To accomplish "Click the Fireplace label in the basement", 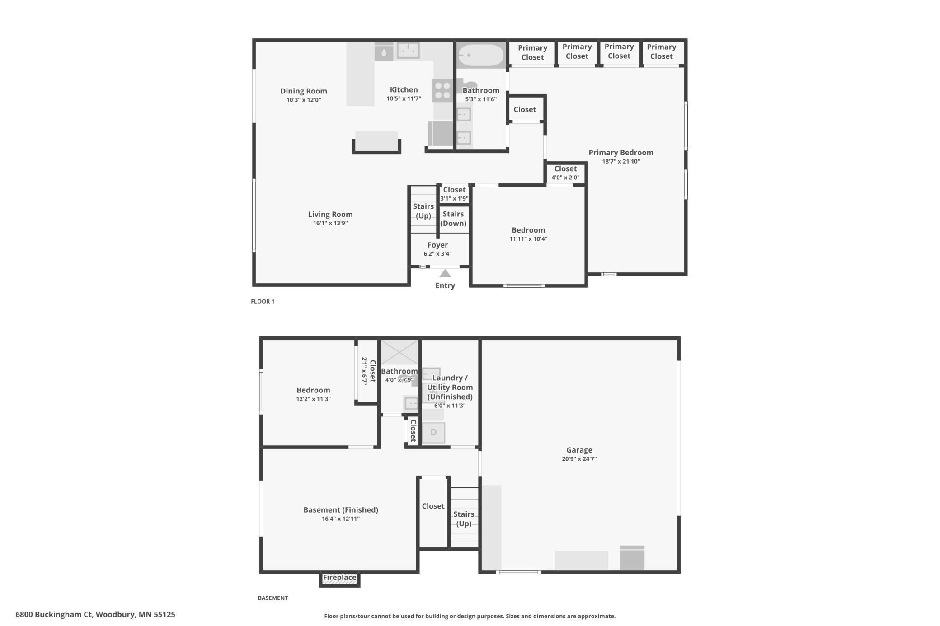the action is (339, 577).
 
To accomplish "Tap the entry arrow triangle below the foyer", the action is (445, 274).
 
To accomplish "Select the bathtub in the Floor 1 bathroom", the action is (480, 56).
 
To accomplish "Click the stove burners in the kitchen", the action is (442, 90).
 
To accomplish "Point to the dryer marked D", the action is (433, 432).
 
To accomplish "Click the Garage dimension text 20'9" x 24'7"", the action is (579, 459).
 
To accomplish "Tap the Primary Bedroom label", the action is (621, 153).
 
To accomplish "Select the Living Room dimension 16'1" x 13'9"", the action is (330, 223).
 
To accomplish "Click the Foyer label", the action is (437, 245).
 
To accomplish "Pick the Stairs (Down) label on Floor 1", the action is (453, 219).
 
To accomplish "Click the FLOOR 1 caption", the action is (263, 301).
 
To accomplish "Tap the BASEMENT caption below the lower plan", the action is (273, 598).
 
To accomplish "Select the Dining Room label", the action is (304, 91).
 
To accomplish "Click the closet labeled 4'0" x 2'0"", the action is (565, 173).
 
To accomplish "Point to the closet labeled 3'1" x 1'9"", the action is (454, 194).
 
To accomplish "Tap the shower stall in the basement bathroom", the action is (399, 352).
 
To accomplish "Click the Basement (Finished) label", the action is (341, 510).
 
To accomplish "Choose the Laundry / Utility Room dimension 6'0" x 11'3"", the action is (450, 406).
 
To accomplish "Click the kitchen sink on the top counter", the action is (408, 51).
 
